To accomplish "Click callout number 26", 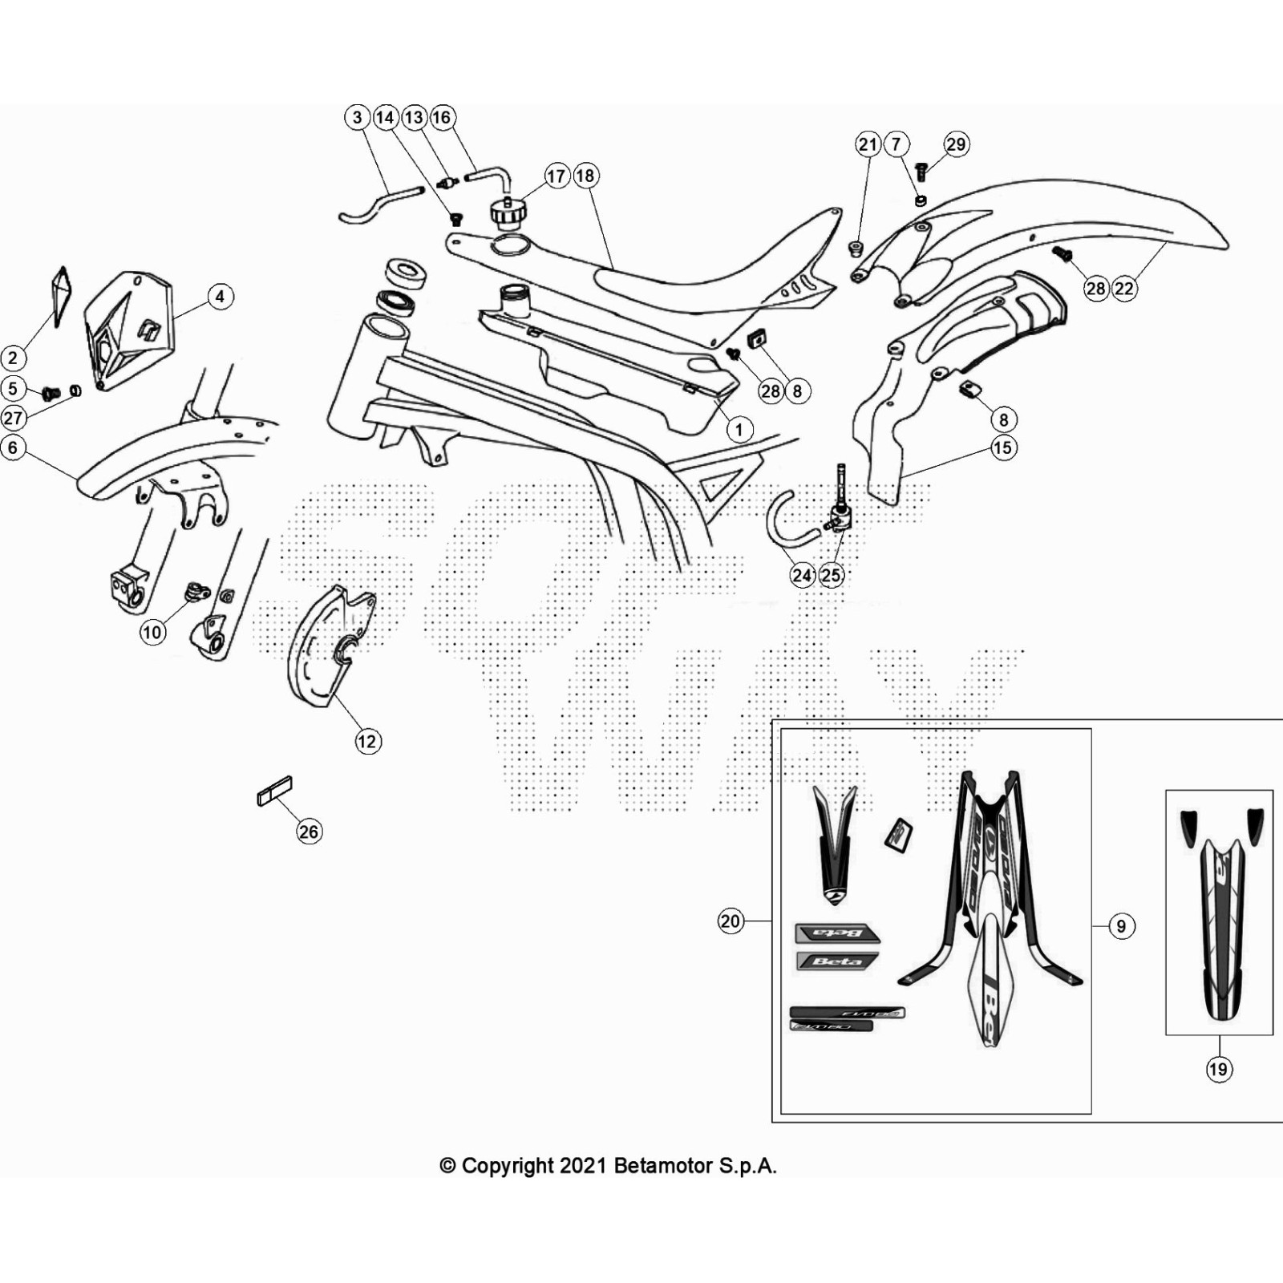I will click(x=309, y=832).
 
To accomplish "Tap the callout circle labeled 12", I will click(x=367, y=741).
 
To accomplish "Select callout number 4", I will click(x=221, y=297).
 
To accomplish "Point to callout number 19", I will click(x=1218, y=1069).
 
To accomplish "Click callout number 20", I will click(x=730, y=921).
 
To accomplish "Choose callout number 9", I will click(x=1121, y=926).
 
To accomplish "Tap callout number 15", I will click(x=1003, y=447).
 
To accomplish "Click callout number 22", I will click(x=1124, y=289).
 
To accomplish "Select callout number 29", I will click(x=956, y=144).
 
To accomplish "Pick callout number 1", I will click(x=739, y=430).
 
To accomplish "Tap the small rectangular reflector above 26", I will click(x=274, y=791).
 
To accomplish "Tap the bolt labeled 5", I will click(x=51, y=393).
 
